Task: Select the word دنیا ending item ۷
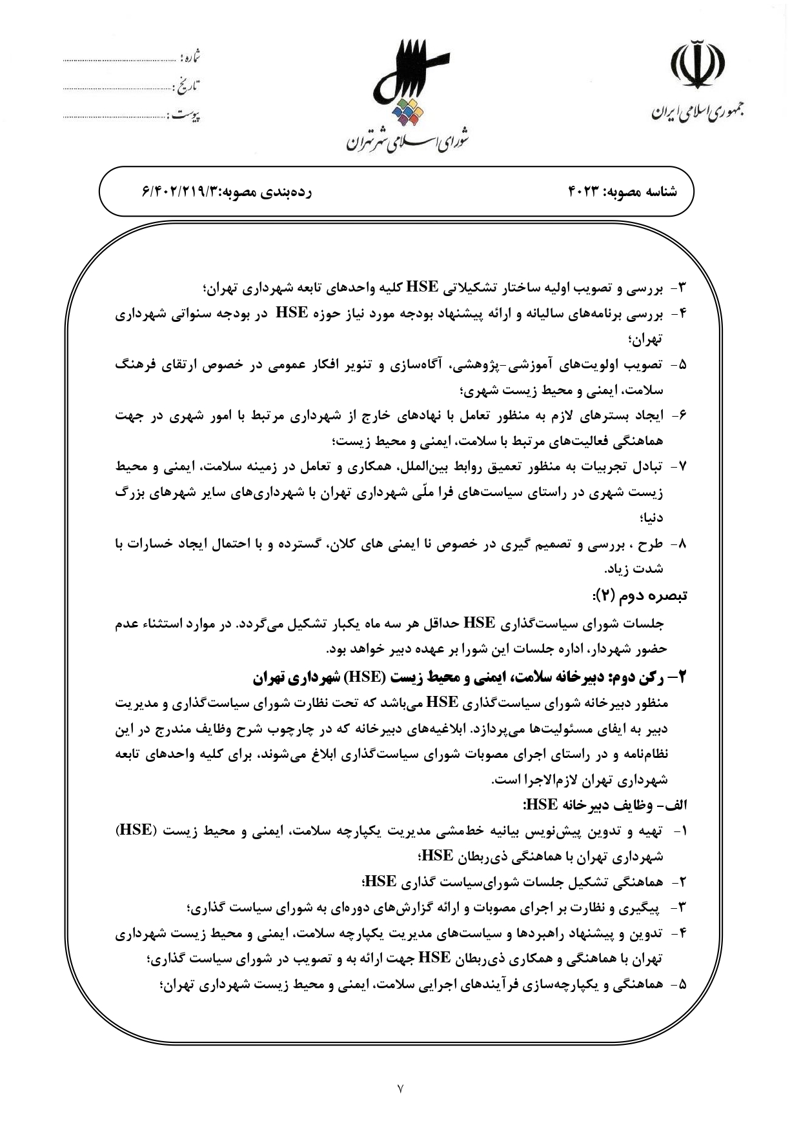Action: tap(651, 518)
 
